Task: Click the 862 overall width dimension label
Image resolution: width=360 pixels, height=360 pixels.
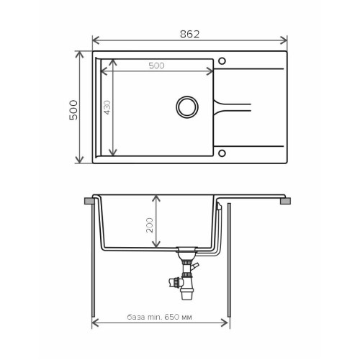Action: pos(189,35)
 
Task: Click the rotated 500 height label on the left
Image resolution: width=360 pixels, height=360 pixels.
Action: pos(73,110)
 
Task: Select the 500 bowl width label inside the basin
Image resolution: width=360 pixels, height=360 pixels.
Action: pos(156,66)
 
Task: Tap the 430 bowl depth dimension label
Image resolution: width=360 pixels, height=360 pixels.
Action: pos(107,107)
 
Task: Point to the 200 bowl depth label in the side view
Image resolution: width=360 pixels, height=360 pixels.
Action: pos(150,225)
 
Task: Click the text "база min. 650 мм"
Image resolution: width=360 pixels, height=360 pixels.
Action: pos(159,317)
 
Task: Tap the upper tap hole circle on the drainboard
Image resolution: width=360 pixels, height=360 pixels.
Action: pos(222,61)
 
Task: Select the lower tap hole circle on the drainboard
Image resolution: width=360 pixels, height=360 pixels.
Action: pos(222,153)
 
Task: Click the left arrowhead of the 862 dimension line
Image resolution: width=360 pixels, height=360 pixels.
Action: pos(96,40)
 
